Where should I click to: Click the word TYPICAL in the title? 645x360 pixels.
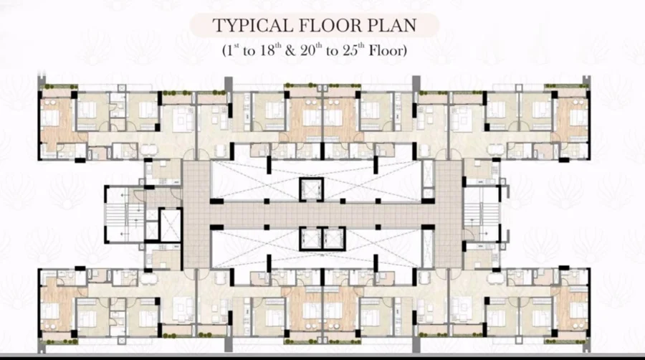click(x=252, y=26)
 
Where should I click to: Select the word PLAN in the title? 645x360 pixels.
click(x=391, y=26)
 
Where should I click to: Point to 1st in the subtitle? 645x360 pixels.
click(x=231, y=50)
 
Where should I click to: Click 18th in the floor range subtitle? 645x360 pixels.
click(x=270, y=50)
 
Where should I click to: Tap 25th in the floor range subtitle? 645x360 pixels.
click(x=353, y=50)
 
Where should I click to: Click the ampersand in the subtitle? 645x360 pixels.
click(x=290, y=51)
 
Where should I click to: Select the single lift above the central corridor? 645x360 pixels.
click(x=312, y=189)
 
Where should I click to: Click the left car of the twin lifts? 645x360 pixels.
click(x=310, y=239)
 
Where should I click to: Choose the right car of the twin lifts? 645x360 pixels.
click(x=333, y=239)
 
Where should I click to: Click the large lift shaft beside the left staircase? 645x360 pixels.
click(x=170, y=225)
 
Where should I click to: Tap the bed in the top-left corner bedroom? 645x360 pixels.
click(x=51, y=118)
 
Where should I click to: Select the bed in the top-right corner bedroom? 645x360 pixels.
click(x=579, y=118)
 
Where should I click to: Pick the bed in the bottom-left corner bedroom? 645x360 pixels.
click(x=51, y=311)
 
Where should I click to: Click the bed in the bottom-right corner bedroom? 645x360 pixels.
click(x=579, y=311)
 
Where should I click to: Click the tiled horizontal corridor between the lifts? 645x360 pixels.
click(x=321, y=214)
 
